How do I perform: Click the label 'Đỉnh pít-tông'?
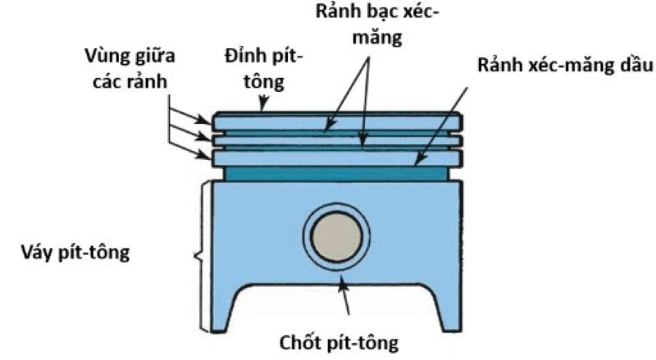tap(264, 69)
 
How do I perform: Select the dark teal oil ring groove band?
tap(336, 174)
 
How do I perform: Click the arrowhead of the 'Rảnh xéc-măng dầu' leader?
tap(416, 165)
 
